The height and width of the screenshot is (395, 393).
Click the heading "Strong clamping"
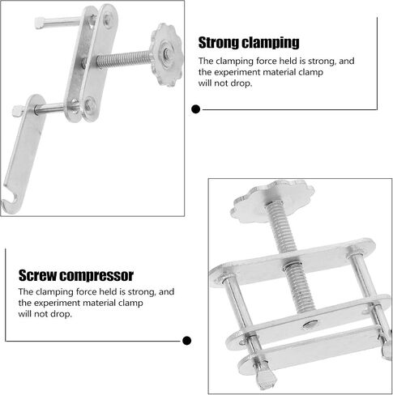coord(249,43)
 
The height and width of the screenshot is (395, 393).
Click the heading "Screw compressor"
coord(76,276)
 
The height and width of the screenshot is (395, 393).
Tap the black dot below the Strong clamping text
coord(195,109)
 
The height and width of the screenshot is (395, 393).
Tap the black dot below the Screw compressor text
coord(186,341)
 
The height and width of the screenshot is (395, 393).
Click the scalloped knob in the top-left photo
coord(166,54)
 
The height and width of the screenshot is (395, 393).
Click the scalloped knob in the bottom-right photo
coord(271,202)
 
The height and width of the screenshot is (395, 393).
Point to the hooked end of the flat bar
coord(10,202)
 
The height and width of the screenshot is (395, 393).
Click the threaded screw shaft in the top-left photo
coord(124,59)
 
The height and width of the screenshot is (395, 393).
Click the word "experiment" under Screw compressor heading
coord(57,303)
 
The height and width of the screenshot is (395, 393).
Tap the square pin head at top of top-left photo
coord(40,23)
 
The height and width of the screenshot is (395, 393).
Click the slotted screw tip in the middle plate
coord(310,325)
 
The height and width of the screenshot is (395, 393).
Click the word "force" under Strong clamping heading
coord(266,62)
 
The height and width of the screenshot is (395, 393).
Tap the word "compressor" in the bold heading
coord(96,276)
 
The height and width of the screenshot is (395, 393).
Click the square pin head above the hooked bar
coord(18,111)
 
